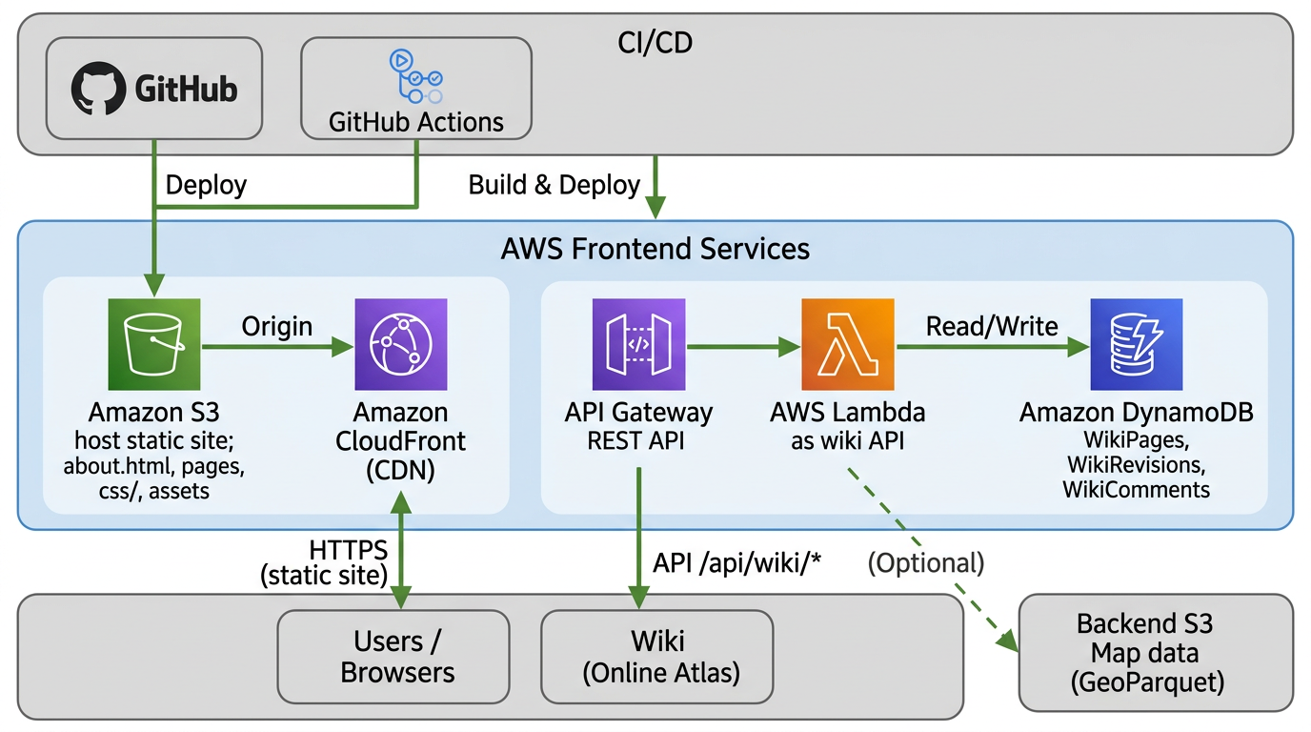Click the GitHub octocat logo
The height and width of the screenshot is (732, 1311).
coord(99,90)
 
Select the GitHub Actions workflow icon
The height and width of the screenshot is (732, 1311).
coord(415,76)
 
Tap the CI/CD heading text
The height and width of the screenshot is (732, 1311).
coord(655,43)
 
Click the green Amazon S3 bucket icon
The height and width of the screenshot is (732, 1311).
coord(154,344)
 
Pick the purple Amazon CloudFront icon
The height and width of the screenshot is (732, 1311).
coord(400,344)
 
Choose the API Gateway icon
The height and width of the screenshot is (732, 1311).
coord(638,344)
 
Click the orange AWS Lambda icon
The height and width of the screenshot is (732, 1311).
coord(848,344)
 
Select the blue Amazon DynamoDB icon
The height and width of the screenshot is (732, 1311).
coord(1136,344)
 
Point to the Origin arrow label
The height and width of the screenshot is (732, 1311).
coord(277,326)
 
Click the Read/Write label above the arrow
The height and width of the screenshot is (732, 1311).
coord(992,326)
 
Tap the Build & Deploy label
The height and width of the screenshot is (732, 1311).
coord(554,185)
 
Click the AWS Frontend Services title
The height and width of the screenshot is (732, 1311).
coord(655,249)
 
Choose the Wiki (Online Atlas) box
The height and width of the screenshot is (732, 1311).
coord(657,657)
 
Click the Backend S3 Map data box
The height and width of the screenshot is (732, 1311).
coord(1156,653)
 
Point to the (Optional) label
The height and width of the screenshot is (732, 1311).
coord(925,562)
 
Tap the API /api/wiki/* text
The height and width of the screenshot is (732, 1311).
coord(736,562)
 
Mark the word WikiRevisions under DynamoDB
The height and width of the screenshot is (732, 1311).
coord(1136,465)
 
